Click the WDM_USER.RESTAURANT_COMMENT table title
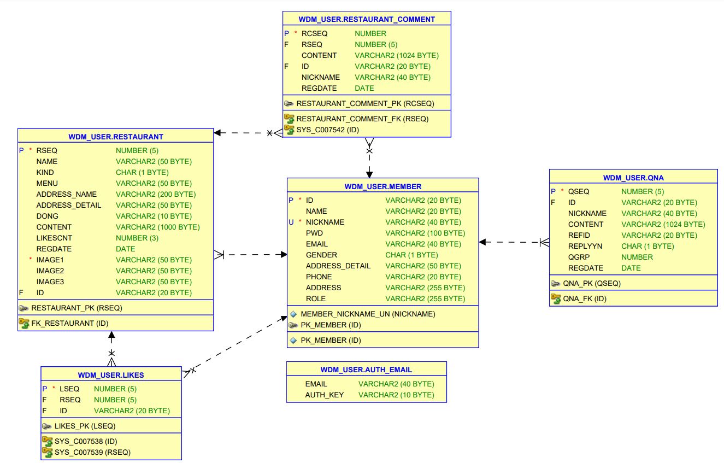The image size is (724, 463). tap(367, 19)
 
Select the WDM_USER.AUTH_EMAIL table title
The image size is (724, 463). tap(366, 370)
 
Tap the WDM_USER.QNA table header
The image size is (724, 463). tap(633, 178)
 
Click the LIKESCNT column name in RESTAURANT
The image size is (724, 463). tap(54, 238)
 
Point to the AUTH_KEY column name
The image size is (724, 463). tap(324, 395)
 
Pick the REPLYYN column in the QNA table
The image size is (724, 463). tap(585, 246)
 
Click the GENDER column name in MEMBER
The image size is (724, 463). tap(321, 255)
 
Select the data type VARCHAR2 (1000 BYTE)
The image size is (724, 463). tap(157, 227)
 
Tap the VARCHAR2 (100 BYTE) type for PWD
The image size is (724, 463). tap(425, 233)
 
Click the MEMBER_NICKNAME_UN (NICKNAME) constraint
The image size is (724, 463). tap(368, 314)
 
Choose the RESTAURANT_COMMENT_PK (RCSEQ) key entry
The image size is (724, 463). tap(365, 103)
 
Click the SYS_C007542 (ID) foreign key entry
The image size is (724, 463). tap(327, 130)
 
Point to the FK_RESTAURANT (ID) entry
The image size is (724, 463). tap(70, 323)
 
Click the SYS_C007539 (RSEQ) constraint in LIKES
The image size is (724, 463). tap(92, 452)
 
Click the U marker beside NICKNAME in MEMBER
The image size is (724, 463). tap(291, 222)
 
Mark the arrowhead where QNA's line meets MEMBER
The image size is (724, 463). tap(482, 242)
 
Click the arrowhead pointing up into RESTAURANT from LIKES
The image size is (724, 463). tap(111, 335)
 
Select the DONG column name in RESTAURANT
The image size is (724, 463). tap(47, 216)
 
